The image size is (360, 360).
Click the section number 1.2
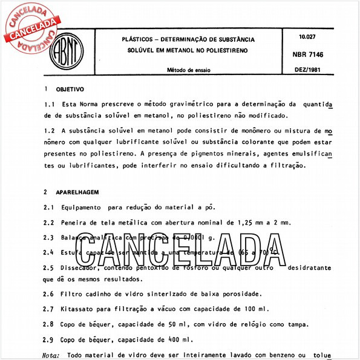(50, 130)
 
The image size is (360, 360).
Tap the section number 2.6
(50, 294)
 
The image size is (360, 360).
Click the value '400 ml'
(181, 339)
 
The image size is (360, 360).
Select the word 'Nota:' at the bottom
(52, 355)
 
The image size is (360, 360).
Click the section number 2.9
(50, 339)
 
